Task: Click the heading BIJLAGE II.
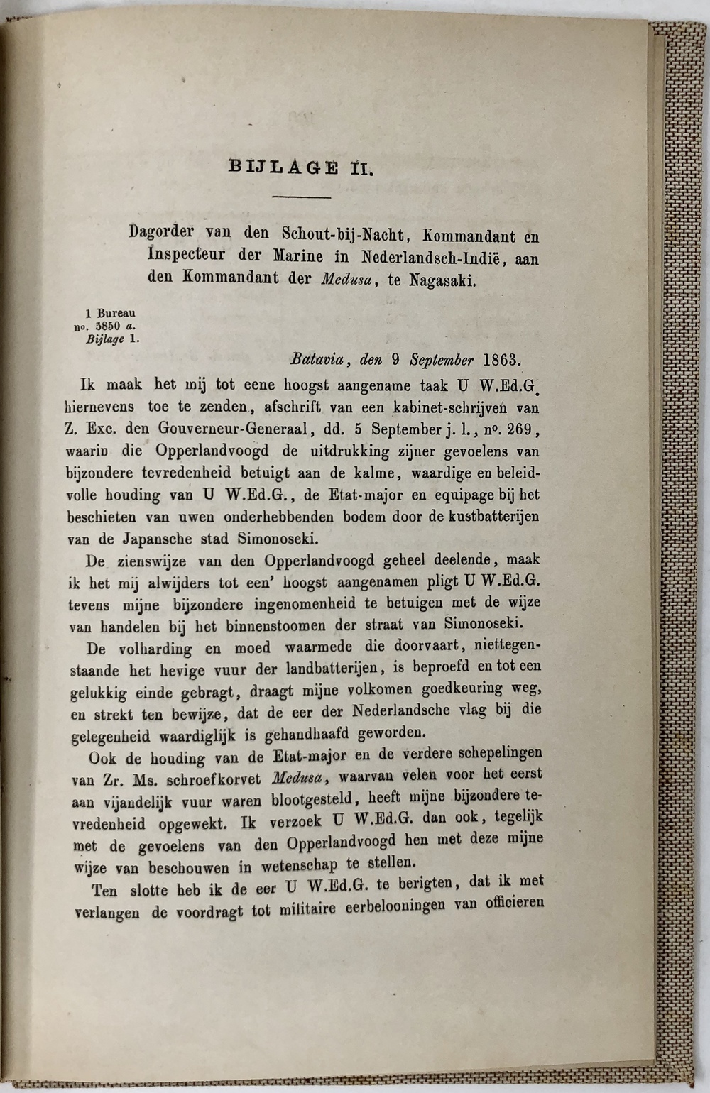pyautogui.click(x=301, y=167)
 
